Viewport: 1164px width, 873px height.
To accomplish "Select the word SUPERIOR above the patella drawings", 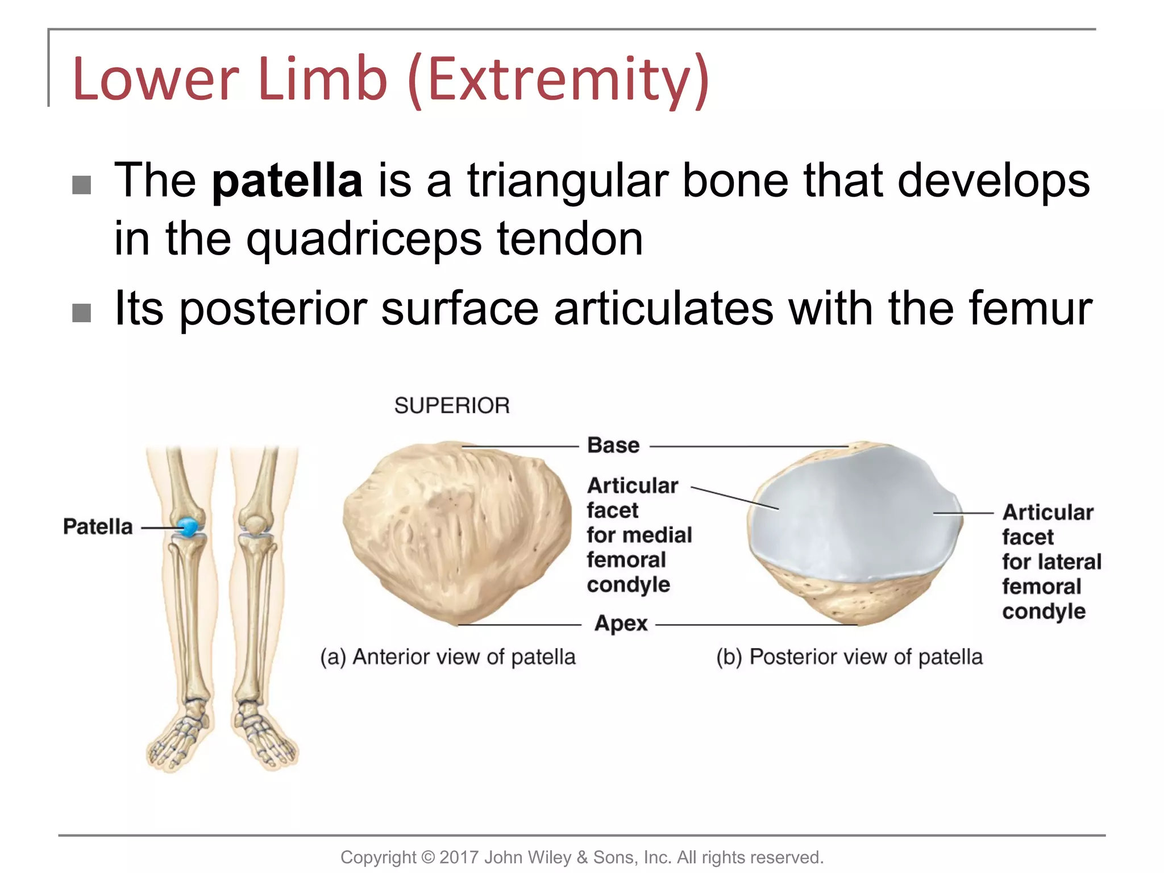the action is click(x=452, y=406).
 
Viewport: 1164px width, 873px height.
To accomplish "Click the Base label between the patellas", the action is click(x=613, y=445).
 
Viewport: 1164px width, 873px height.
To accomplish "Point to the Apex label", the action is click(x=621, y=623).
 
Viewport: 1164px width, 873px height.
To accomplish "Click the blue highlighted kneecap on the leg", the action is click(x=188, y=527).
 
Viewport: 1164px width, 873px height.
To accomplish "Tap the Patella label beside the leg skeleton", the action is click(x=98, y=527).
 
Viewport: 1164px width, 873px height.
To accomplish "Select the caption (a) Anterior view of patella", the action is click(x=448, y=657).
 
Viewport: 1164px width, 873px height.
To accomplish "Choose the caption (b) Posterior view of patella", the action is click(x=849, y=657).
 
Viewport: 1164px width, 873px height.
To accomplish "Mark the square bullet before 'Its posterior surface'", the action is click(x=82, y=313).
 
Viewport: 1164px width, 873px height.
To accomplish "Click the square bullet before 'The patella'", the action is click(x=82, y=185).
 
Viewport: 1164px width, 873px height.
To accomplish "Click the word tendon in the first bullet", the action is click(x=570, y=239).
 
